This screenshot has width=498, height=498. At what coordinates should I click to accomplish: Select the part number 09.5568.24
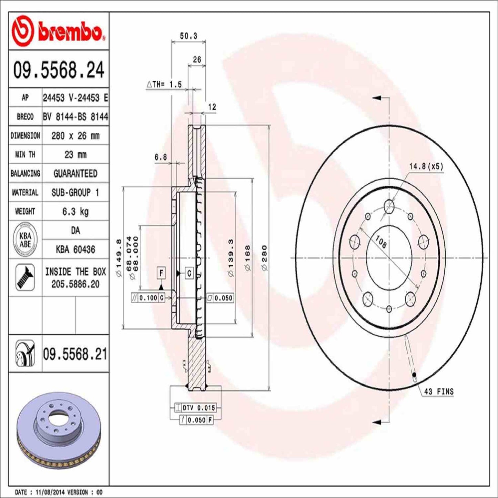point(59,70)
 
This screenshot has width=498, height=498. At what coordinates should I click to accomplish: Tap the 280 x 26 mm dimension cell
point(75,136)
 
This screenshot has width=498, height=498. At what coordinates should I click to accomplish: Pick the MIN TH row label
point(25,155)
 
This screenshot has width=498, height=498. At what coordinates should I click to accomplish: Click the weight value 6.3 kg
point(75,211)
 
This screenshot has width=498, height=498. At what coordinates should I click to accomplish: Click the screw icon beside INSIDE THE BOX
point(25,277)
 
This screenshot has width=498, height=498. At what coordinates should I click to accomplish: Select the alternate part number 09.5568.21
point(75,354)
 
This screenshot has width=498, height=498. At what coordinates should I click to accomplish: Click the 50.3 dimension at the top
point(189,36)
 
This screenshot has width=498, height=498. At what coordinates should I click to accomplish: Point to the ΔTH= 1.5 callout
point(164,84)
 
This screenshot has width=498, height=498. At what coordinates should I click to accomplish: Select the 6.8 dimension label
point(161,157)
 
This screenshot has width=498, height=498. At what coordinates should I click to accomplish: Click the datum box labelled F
point(161,273)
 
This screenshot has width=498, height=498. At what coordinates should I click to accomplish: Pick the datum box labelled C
point(189,273)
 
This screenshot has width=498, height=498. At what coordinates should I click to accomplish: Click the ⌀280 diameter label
point(264,258)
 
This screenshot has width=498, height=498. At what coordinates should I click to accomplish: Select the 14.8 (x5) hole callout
point(426,166)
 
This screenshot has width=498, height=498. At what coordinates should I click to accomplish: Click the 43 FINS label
point(439,392)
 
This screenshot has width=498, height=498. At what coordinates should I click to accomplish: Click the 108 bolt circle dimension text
point(380,242)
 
